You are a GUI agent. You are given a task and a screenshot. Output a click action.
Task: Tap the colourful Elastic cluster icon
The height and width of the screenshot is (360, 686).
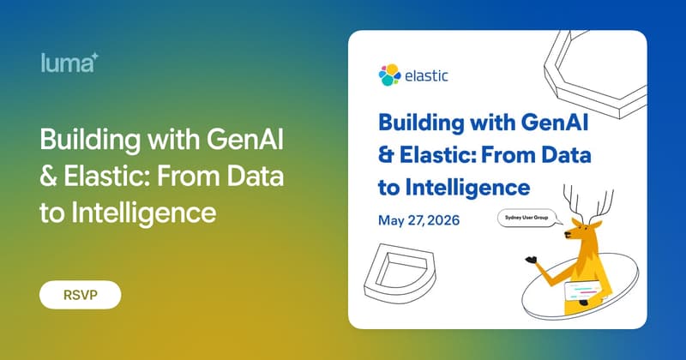[389, 75]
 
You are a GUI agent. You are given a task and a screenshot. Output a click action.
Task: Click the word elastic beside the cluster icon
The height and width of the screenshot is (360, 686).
[426, 75]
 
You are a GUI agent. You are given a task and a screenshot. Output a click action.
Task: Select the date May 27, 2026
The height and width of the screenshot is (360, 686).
[419, 220]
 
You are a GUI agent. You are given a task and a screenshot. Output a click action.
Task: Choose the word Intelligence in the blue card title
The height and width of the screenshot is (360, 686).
[472, 185]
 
